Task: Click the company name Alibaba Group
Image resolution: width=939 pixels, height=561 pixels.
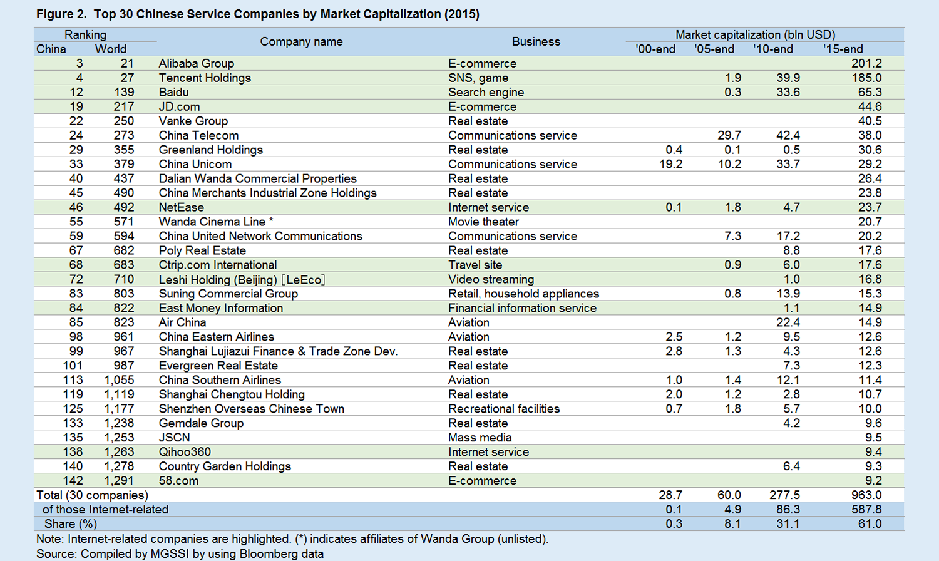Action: click(196, 64)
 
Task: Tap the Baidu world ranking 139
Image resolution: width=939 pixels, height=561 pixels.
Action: click(124, 92)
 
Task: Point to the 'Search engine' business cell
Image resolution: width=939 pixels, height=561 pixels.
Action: click(486, 92)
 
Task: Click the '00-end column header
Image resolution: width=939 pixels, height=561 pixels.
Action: click(655, 49)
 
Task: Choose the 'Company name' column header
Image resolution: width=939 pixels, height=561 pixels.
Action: click(301, 41)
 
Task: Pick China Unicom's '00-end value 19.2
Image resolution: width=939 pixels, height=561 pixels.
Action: click(670, 165)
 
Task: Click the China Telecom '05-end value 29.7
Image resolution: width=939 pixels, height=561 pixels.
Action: click(729, 135)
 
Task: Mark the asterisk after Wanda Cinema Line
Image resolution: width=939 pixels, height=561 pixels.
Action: click(271, 220)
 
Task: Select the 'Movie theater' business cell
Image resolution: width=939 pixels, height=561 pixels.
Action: click(483, 222)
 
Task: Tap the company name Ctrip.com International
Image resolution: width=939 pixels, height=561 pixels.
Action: click(218, 265)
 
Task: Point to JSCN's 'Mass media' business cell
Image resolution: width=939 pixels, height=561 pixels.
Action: click(480, 437)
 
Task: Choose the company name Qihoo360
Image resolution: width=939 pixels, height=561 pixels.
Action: click(185, 452)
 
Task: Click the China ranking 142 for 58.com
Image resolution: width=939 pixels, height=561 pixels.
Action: click(73, 480)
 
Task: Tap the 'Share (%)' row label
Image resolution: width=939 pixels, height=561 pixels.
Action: click(70, 524)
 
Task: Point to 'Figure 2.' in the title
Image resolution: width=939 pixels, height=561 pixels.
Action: click(61, 14)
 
